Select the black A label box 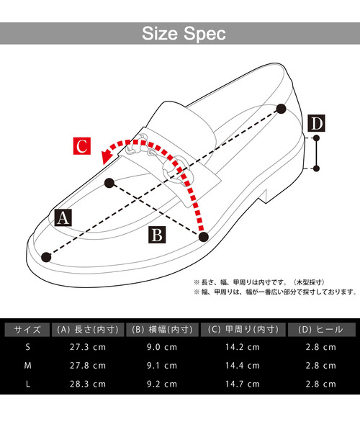click(62, 217)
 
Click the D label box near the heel click(316, 124)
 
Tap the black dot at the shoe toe click(48, 256)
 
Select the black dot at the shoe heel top click(280, 109)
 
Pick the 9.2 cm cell click(161, 384)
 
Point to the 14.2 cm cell click(242, 347)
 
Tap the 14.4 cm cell click(242, 366)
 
